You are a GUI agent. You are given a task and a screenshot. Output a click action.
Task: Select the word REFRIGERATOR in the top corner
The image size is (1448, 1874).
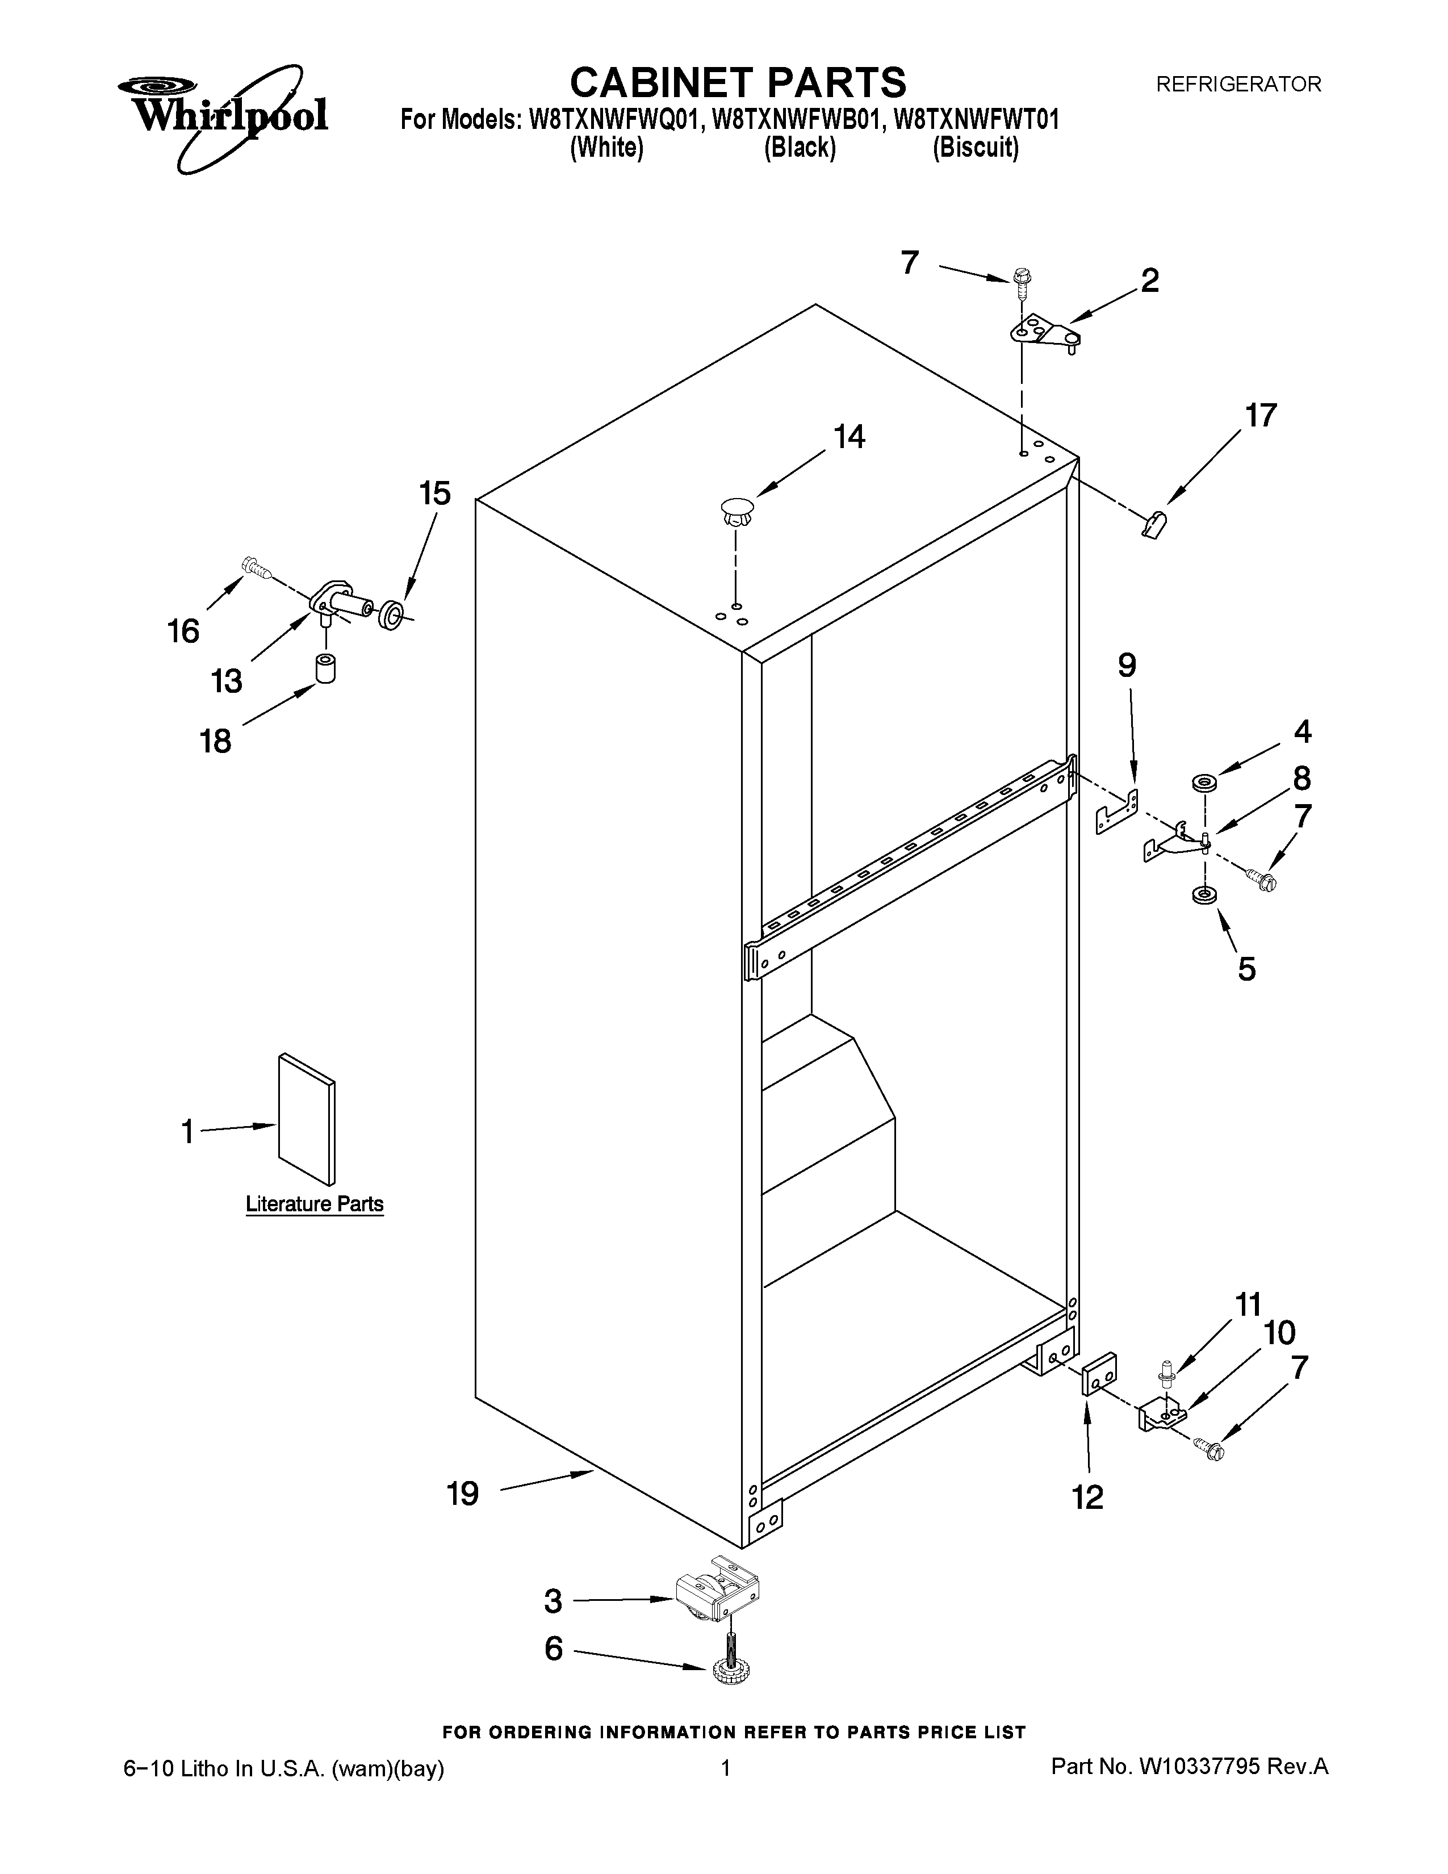click(x=1238, y=84)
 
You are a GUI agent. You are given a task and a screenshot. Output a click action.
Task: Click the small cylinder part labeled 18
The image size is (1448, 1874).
click(x=325, y=668)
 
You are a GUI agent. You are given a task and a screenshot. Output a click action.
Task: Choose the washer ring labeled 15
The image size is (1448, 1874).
click(x=391, y=614)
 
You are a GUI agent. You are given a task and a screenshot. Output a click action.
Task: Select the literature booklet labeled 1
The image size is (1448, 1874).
click(x=306, y=1119)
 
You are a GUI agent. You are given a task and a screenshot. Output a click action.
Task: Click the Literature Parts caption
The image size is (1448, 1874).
click(x=315, y=1204)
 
